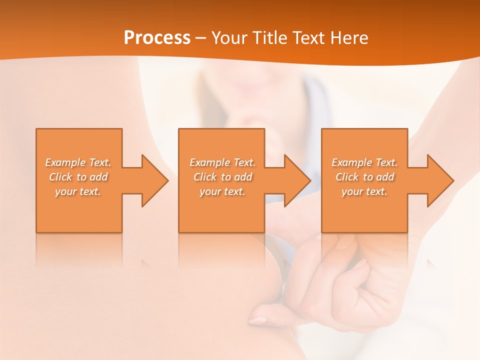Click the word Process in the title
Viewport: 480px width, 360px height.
tap(157, 38)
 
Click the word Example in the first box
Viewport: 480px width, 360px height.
tap(65, 162)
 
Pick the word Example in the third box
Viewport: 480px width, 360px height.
tap(351, 162)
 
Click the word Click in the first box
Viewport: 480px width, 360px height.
tap(60, 177)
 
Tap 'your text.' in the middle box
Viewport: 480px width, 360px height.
tap(222, 191)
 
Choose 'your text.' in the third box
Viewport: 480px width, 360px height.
tap(364, 191)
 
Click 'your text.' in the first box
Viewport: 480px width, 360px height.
tap(78, 191)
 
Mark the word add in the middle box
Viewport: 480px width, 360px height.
tap(243, 177)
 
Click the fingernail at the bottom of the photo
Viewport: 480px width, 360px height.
tap(257, 320)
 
